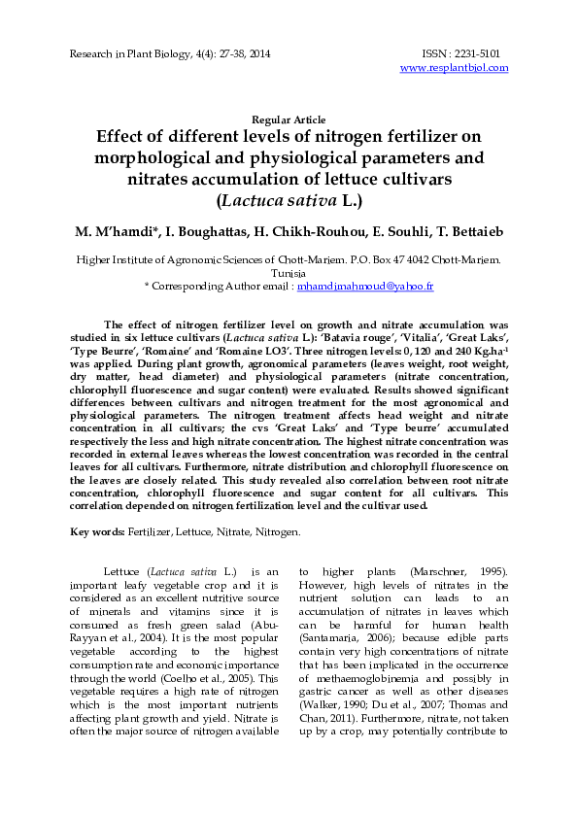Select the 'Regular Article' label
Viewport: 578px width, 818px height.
[289, 119]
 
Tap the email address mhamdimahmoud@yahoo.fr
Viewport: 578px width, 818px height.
[364, 287]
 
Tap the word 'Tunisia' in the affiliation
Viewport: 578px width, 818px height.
[289, 274]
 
